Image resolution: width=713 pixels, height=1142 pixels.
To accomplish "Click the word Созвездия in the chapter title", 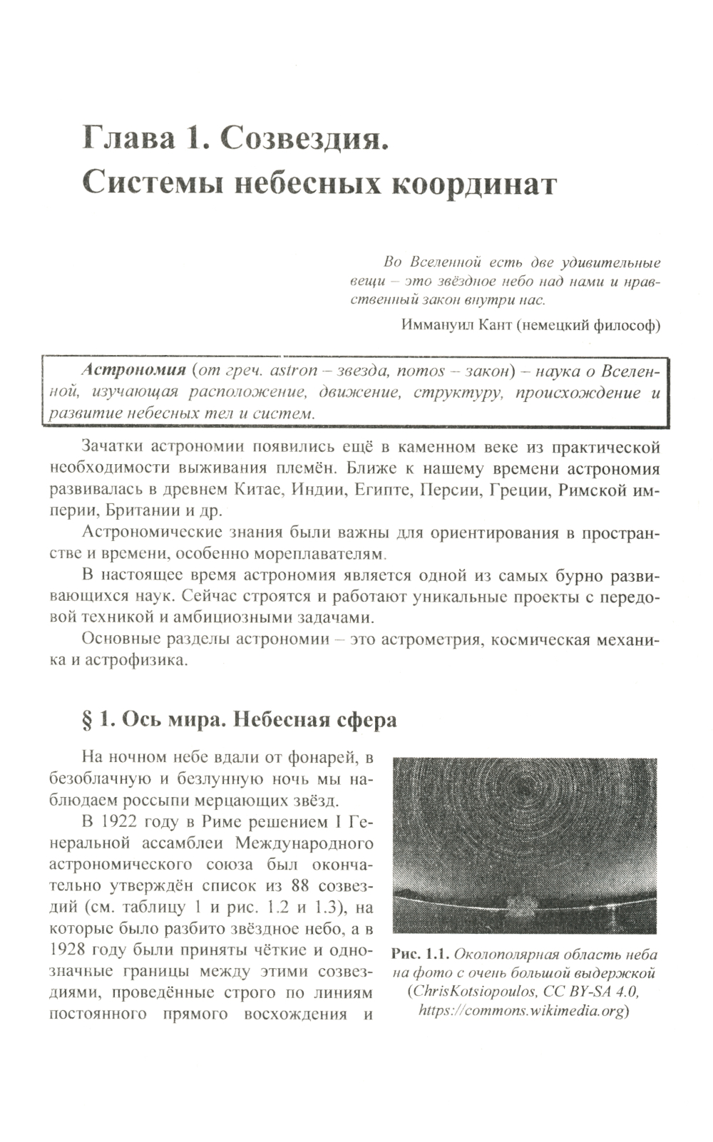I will point(304,138).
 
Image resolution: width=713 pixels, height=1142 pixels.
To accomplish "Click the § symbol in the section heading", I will point(88,720).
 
